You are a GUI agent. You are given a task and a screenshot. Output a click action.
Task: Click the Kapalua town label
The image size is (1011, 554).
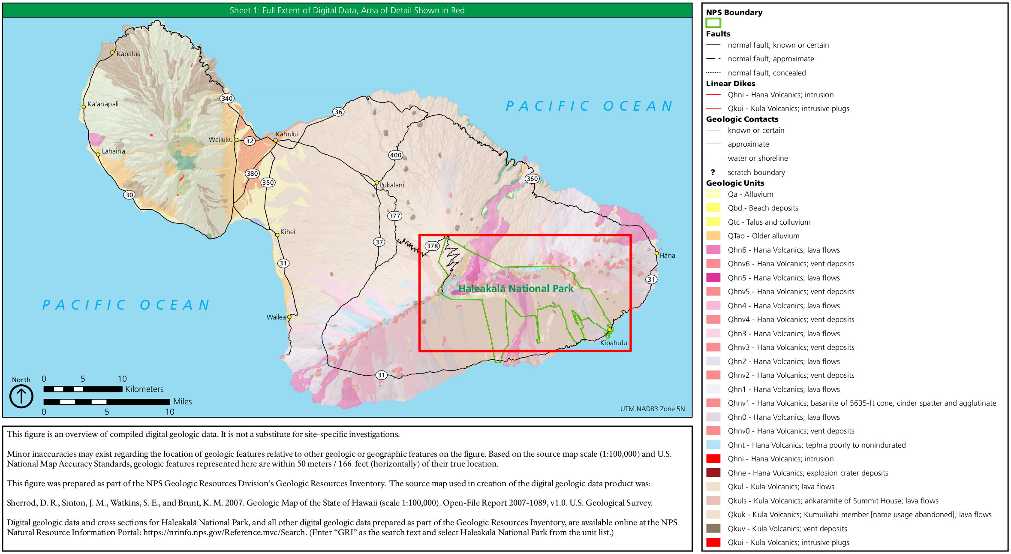pyautogui.click(x=128, y=54)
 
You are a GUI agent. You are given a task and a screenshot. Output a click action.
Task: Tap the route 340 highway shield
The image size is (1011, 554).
pyautogui.click(x=227, y=98)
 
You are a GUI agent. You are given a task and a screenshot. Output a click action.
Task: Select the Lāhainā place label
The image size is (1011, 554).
pyautogui.click(x=113, y=151)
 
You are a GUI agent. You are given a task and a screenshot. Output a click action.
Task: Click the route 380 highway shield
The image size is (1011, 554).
pyautogui.click(x=252, y=174)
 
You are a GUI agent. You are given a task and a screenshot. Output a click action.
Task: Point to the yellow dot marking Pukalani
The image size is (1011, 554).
pyautogui.click(x=376, y=183)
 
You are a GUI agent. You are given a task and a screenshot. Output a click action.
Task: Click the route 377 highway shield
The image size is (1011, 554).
pyautogui.click(x=394, y=216)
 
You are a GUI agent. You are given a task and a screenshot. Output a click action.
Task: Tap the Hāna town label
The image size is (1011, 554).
pyautogui.click(x=667, y=256)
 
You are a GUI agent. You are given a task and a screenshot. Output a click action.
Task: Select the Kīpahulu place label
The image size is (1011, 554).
pyautogui.click(x=613, y=343)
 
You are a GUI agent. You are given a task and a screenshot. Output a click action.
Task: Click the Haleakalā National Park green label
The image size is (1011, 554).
pyautogui.click(x=516, y=289)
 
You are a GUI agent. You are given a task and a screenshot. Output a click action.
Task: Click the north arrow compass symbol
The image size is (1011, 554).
pyautogui.click(x=21, y=396)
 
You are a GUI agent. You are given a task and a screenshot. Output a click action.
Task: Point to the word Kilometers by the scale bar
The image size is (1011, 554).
pyautogui.click(x=144, y=389)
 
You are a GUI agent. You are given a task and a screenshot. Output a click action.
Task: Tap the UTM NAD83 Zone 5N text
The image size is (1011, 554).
pyautogui.click(x=652, y=409)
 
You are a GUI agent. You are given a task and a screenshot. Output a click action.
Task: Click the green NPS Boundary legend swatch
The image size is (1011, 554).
pyautogui.click(x=713, y=23)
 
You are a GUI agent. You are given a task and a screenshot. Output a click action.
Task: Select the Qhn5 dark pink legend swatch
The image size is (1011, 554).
pyautogui.click(x=713, y=278)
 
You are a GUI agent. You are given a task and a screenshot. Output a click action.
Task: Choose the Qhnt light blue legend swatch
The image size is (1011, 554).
pyautogui.click(x=713, y=445)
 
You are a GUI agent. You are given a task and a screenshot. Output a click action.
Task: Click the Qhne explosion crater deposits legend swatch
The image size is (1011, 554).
pyautogui.click(x=713, y=473)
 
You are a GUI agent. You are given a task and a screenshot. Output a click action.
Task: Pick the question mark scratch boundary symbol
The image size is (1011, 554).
pyautogui.click(x=713, y=172)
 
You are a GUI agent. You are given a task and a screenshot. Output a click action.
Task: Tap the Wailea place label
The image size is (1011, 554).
pyautogui.click(x=276, y=317)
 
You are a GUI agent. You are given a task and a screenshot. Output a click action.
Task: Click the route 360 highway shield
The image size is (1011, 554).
pyautogui.click(x=532, y=179)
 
